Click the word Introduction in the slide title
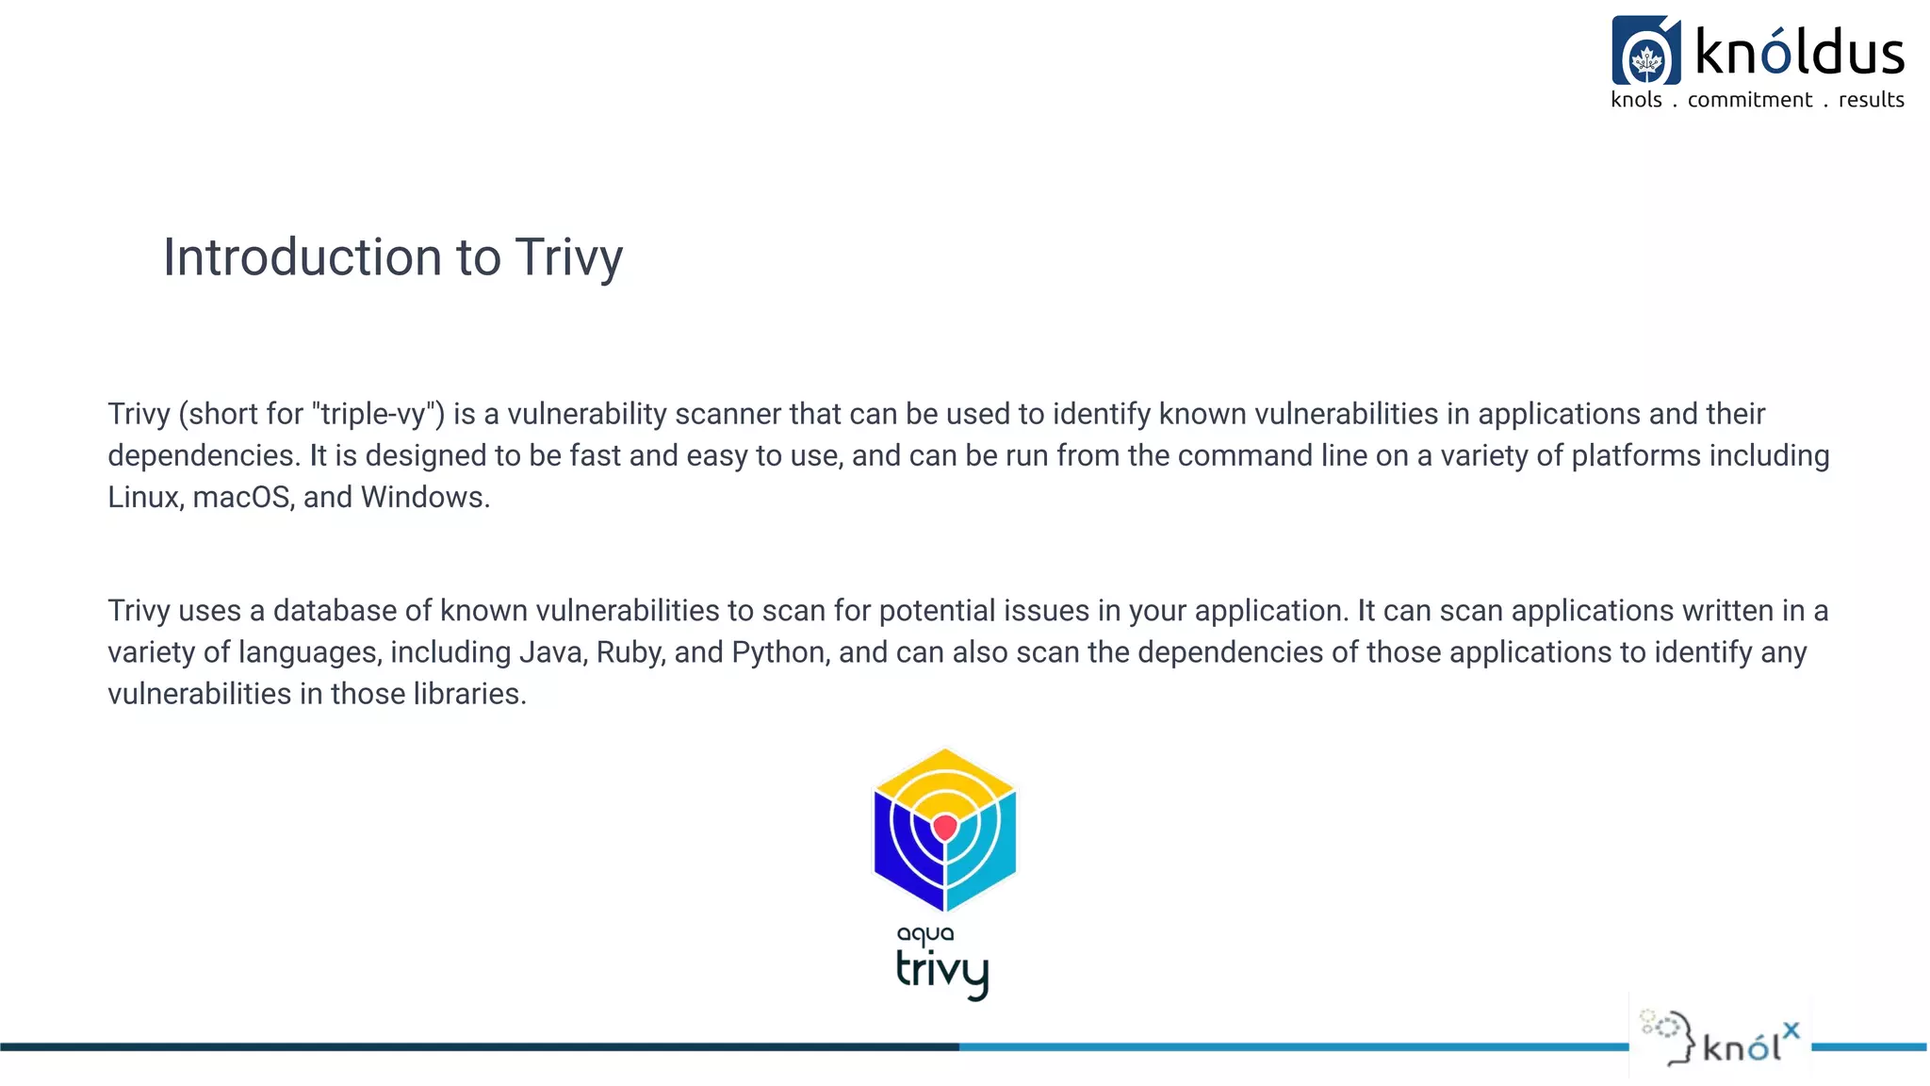(303, 257)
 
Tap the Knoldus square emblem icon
(1645, 51)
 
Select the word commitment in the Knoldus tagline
(1749, 100)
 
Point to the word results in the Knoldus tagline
(1871, 100)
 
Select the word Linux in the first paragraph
(144, 497)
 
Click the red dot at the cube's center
(944, 827)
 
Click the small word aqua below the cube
(924, 934)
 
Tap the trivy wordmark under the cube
(941, 971)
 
